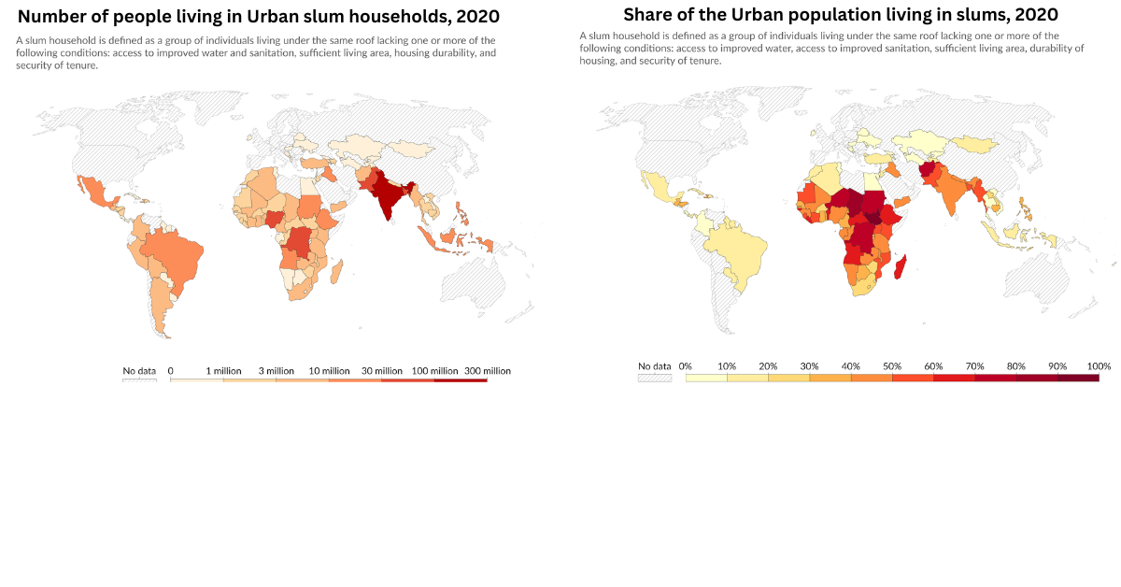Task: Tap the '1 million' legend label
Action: pyautogui.click(x=223, y=371)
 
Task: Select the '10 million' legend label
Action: pyautogui.click(x=330, y=371)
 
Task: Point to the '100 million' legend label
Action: pyautogui.click(x=434, y=371)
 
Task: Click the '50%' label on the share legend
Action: pyautogui.click(x=892, y=366)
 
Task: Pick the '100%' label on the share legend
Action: pyautogui.click(x=1099, y=366)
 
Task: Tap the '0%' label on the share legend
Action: pyautogui.click(x=685, y=366)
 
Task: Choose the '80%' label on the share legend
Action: pyautogui.click(x=1016, y=366)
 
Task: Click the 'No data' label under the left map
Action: pyautogui.click(x=139, y=371)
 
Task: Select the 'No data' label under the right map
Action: pyautogui.click(x=655, y=366)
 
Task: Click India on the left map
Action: pyautogui.click(x=387, y=197)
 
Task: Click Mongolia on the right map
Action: pyautogui.click(x=972, y=144)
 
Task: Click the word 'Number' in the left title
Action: pyautogui.click(x=57, y=17)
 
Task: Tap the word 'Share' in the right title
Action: pyautogui.click(x=650, y=15)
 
